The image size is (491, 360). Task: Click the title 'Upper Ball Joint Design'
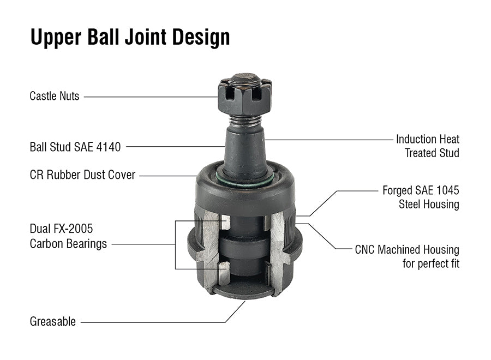coord(130,37)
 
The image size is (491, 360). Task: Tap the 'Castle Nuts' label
coord(55,96)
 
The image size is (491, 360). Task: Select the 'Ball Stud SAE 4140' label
coord(75,147)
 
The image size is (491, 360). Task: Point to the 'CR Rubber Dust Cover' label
coord(82,176)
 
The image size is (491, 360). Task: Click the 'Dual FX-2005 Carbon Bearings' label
coord(68,236)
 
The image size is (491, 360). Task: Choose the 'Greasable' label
coord(53,322)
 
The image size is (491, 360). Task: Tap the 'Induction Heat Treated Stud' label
coord(428,146)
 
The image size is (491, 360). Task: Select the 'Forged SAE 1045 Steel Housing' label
coord(421,197)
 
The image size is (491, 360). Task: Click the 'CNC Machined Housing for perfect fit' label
coord(407,257)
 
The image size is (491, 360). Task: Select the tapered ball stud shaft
coord(244,147)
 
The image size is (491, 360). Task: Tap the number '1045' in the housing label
coord(446,191)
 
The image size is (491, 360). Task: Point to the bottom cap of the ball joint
coord(244,289)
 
